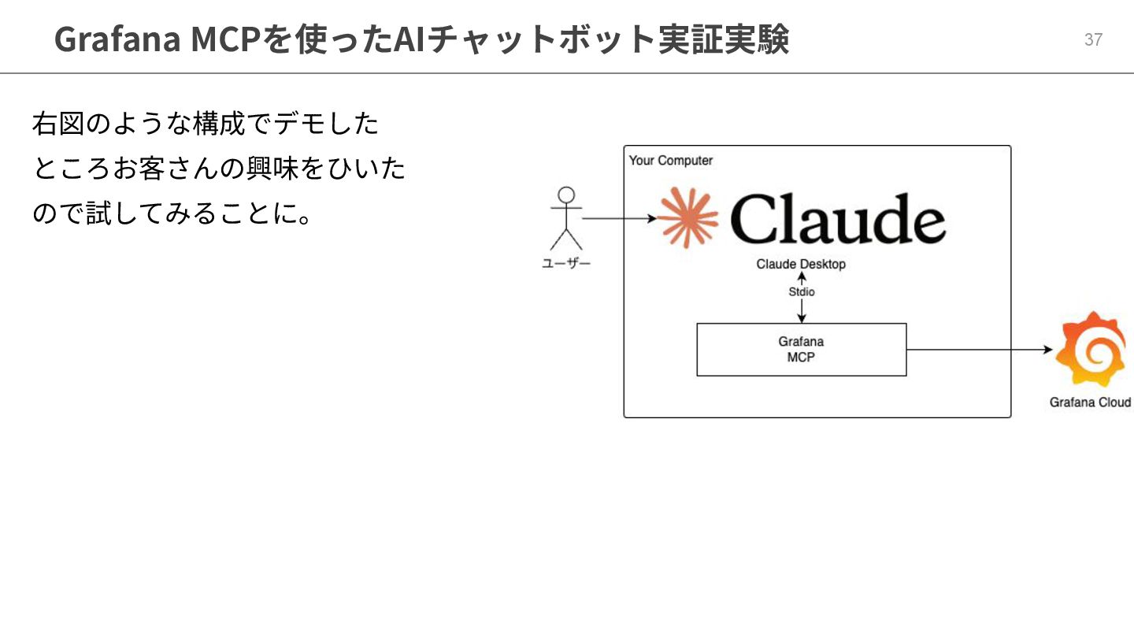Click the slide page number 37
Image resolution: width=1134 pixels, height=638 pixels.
point(1093,39)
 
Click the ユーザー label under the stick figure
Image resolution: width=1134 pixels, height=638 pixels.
point(565,264)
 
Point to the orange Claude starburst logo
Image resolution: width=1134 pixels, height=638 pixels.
point(687,218)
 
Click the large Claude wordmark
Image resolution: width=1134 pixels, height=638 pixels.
point(838,218)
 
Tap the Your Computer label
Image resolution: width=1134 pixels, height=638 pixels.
point(670,161)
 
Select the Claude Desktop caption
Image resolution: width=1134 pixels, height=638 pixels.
point(801,264)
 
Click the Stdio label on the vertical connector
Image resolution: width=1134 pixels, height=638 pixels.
point(802,292)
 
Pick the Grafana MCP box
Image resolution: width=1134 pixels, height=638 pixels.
point(802,350)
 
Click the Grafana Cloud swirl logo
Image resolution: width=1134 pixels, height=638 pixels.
point(1091,349)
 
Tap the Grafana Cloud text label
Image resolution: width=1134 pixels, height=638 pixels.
point(1090,402)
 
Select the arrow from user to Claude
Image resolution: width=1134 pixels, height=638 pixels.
point(618,218)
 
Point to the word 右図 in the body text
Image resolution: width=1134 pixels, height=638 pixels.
point(58,124)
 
